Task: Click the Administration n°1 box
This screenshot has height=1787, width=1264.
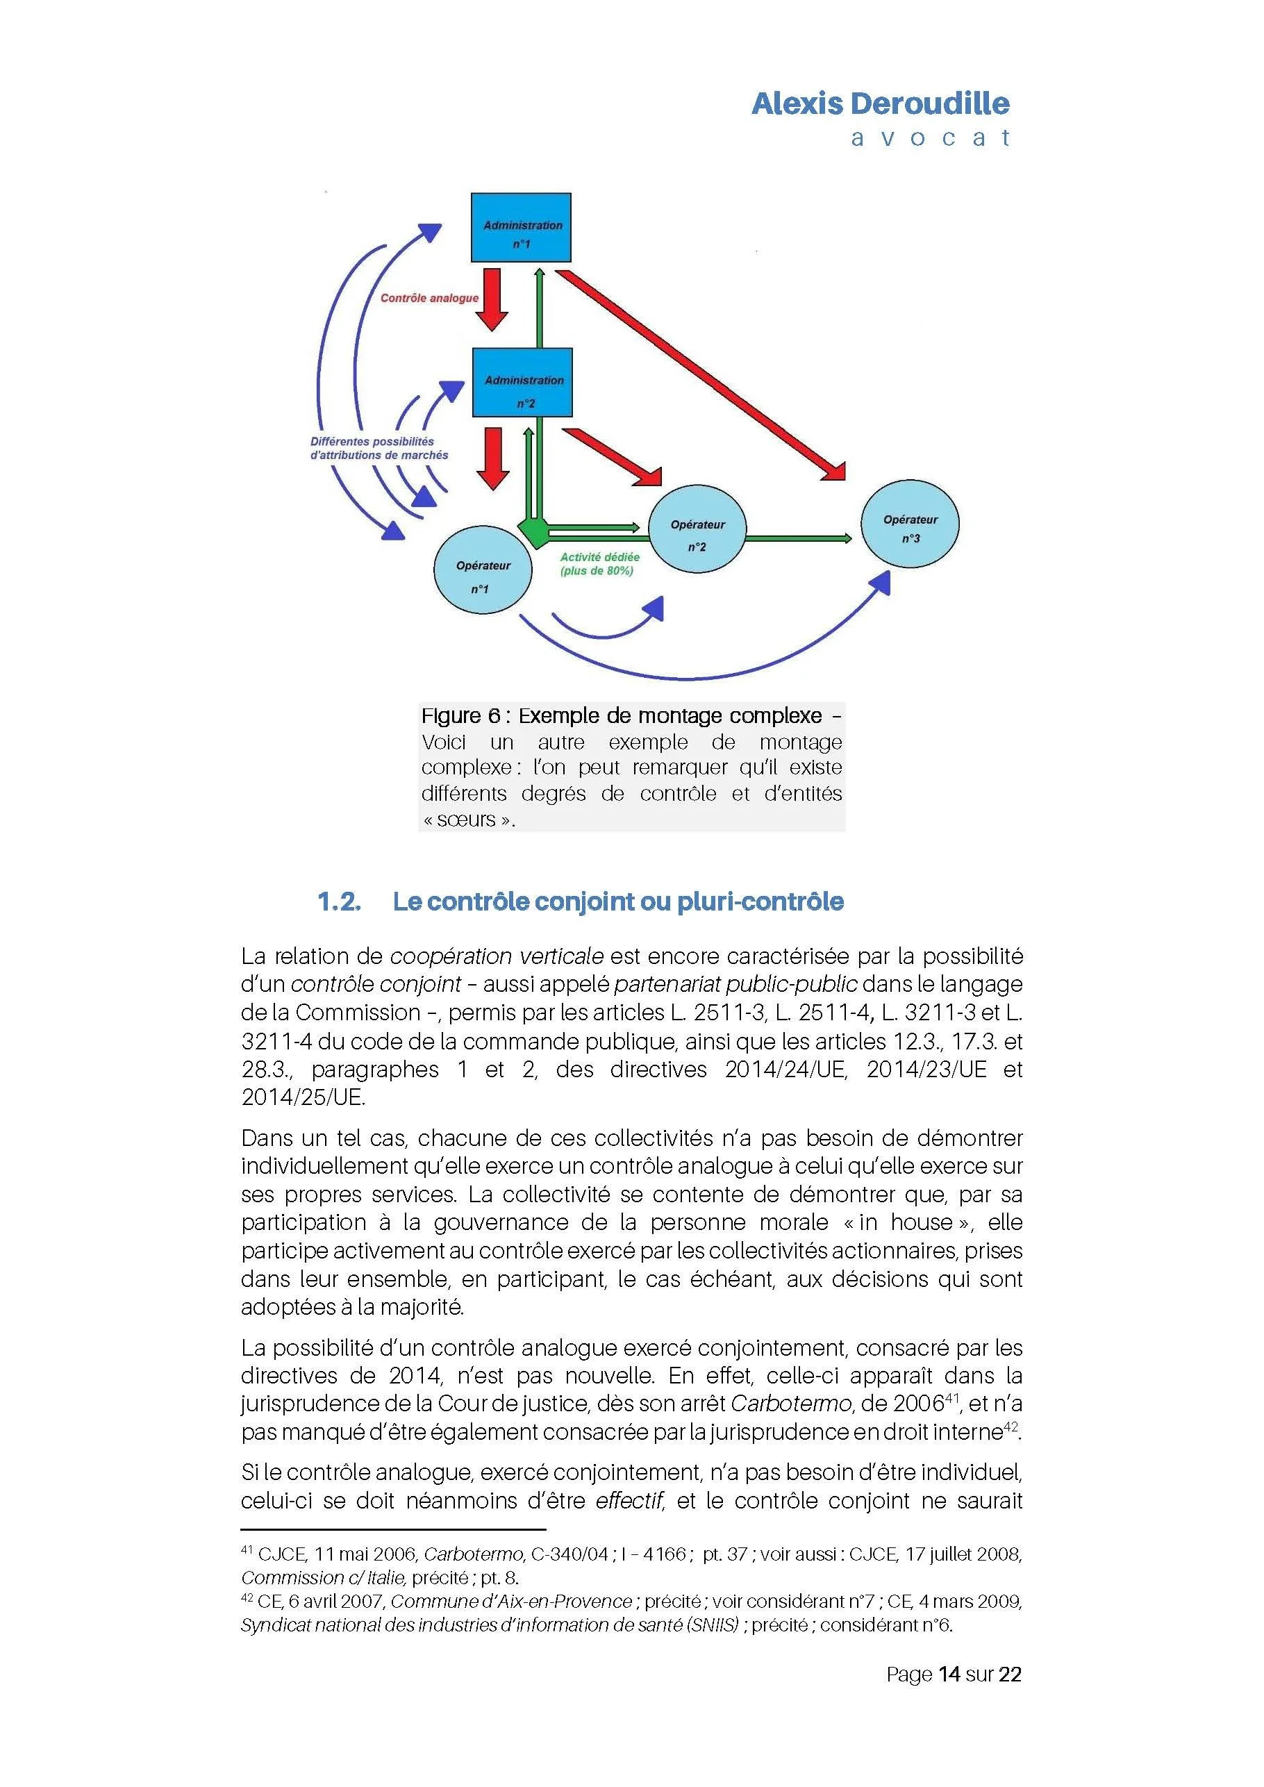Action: pos(521,227)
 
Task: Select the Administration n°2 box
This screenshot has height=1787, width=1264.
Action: pos(522,382)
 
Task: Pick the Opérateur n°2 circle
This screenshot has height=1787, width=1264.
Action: pos(697,530)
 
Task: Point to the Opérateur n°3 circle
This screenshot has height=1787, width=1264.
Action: pos(910,524)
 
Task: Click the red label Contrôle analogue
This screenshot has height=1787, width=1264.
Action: pos(429,298)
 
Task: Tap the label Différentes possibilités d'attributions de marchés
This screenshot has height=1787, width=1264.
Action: pos(379,448)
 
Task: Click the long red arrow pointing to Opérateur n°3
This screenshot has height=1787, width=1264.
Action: pos(701,374)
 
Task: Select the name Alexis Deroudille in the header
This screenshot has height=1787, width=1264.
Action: pos(881,103)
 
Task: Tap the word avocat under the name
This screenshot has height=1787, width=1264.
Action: pos(930,138)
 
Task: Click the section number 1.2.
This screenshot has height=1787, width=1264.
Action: pos(340,901)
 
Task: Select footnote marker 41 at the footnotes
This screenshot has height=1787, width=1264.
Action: pos(247,1549)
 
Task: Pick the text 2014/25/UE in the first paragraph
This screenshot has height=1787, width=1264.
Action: pos(303,1097)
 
